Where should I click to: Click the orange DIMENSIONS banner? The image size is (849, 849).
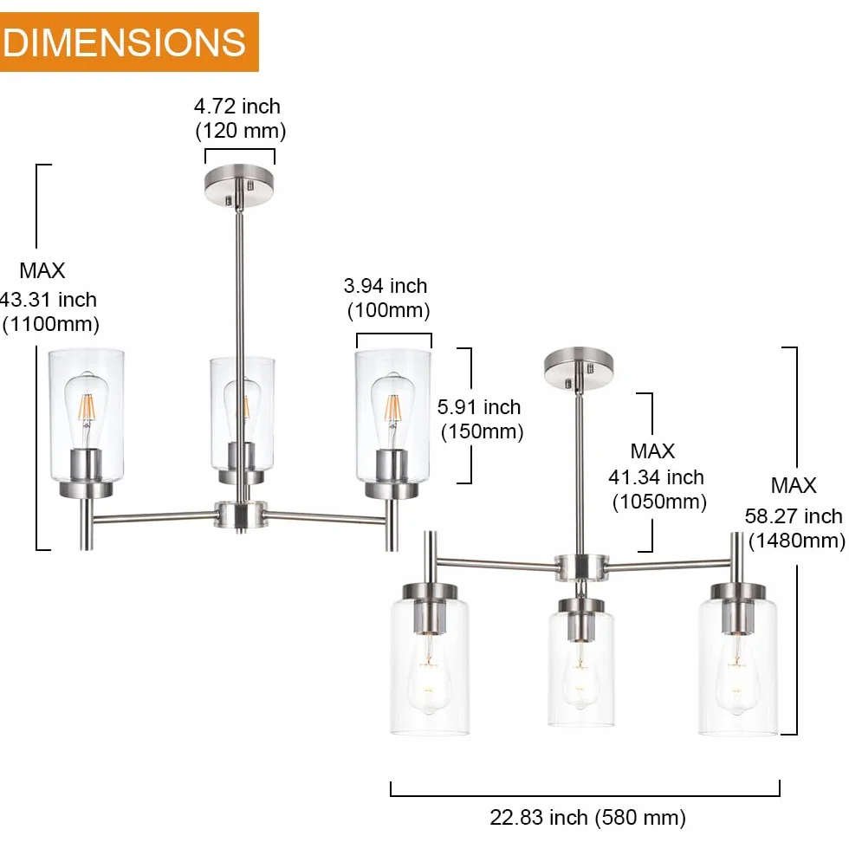[x=129, y=42]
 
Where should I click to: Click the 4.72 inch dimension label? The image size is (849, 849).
[x=237, y=106]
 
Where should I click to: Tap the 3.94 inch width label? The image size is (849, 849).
[x=386, y=286]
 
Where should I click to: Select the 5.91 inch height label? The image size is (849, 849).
[x=479, y=407]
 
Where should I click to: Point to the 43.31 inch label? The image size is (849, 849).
[x=49, y=300]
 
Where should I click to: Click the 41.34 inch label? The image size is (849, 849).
[x=657, y=477]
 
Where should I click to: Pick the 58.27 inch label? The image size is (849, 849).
[x=794, y=516]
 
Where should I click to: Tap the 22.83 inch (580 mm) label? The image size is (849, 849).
[x=587, y=817]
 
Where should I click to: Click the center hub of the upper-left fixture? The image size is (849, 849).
[x=241, y=515]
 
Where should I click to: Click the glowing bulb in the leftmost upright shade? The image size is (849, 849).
[x=86, y=411]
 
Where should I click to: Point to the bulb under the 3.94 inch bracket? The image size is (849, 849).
[x=393, y=411]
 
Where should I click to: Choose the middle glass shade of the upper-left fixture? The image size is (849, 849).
[x=242, y=414]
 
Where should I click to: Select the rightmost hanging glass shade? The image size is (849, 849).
[x=738, y=666]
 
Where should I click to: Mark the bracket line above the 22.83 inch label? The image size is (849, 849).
[x=585, y=795]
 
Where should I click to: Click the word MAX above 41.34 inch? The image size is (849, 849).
[x=652, y=451]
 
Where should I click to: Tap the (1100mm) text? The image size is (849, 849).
[x=51, y=324]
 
